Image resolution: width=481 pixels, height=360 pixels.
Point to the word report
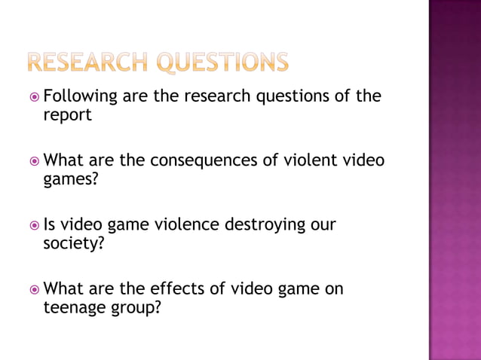67,117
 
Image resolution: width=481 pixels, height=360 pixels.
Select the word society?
73,244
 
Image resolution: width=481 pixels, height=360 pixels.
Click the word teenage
75,308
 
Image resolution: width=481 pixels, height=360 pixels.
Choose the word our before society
320,225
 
